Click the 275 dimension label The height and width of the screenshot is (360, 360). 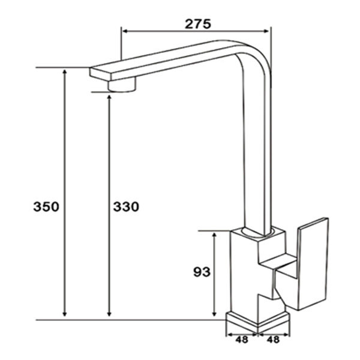197,24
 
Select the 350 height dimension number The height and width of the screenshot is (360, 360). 46,207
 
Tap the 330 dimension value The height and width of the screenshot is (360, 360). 125,207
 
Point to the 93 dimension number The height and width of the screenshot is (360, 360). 202,272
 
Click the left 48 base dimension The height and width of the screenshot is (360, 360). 242,339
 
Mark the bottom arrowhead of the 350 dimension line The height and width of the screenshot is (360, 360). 64,314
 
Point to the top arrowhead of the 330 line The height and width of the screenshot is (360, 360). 109,96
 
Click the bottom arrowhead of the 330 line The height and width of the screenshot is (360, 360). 109,314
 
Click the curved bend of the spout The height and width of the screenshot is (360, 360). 255,57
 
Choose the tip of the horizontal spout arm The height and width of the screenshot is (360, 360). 95,72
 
